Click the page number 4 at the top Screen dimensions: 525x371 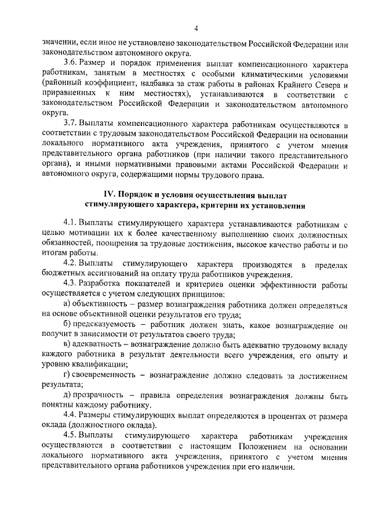[196, 28]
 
